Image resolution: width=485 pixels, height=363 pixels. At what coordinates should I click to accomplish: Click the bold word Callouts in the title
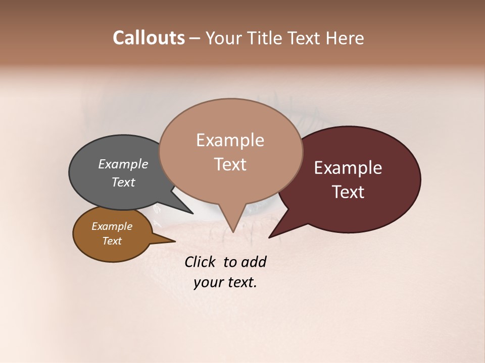tap(149, 38)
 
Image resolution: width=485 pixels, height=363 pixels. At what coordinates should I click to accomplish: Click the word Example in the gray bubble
tap(123, 164)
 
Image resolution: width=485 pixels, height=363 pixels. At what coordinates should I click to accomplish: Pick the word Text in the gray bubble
tap(123, 182)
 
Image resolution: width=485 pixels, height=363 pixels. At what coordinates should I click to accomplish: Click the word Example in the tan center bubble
tap(230, 140)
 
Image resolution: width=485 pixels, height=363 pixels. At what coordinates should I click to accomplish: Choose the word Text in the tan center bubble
tap(230, 164)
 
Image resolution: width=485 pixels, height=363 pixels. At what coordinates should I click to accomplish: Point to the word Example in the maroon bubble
tap(348, 168)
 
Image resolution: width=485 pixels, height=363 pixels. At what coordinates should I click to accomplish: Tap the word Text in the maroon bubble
tap(348, 192)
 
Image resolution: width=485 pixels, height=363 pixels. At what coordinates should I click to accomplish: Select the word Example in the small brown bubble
tap(112, 226)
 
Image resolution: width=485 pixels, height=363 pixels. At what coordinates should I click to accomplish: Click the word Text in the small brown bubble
tap(112, 241)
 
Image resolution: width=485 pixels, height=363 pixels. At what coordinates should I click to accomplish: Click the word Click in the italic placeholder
tap(201, 262)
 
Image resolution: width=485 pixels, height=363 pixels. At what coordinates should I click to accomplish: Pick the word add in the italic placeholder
tap(254, 262)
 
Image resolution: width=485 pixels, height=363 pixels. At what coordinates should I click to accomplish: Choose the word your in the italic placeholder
tap(208, 282)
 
